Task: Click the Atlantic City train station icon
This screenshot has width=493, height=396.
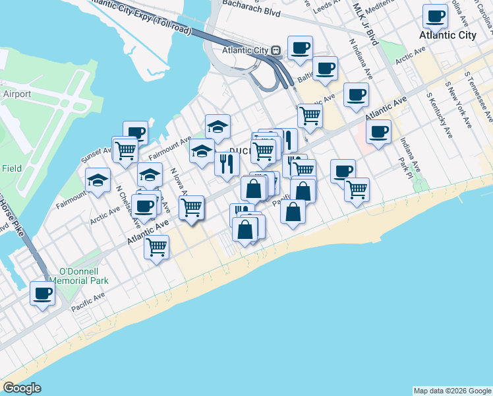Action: (277, 50)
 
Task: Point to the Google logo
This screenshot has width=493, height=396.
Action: (22, 388)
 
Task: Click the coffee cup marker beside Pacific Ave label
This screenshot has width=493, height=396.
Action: (42, 293)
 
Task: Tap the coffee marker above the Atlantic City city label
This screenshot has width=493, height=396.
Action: (435, 16)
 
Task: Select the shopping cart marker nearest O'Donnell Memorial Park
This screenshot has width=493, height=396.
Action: (157, 247)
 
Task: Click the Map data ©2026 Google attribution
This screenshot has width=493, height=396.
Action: (452, 391)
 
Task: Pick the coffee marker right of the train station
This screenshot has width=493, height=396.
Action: (300, 48)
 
